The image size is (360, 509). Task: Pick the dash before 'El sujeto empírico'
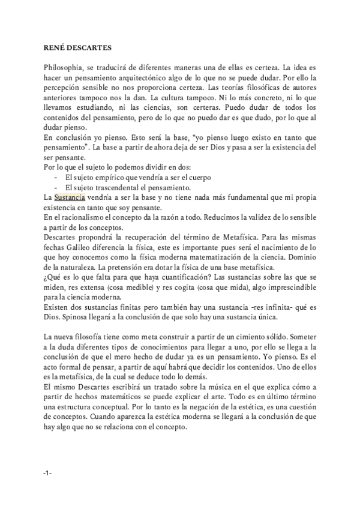[x=56, y=178]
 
